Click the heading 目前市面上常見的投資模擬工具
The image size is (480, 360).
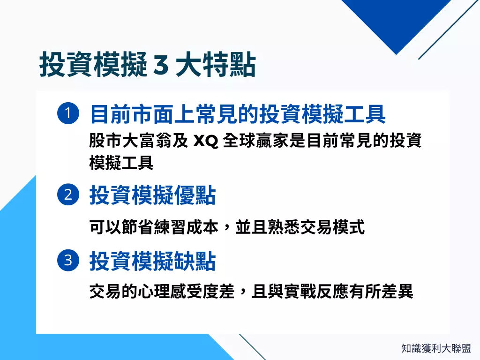coord(238,114)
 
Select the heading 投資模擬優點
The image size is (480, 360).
coord(152,195)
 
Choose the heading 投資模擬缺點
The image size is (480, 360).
coord(152,261)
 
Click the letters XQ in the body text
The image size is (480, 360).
coord(206,141)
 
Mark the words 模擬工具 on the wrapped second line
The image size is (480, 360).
coord(121,163)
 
